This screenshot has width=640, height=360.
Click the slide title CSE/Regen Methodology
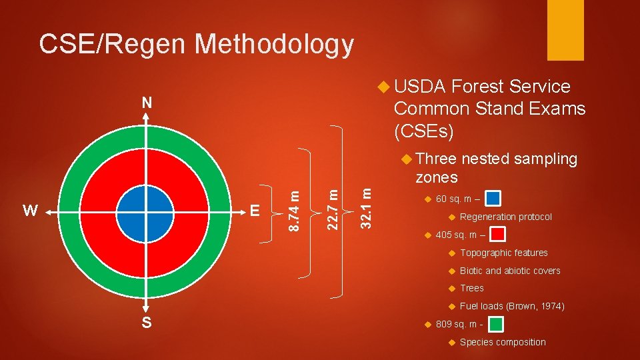[196, 44]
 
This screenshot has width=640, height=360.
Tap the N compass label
[147, 103]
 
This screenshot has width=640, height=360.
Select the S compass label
[147, 323]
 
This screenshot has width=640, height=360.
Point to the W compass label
[30, 211]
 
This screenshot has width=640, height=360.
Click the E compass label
[254, 211]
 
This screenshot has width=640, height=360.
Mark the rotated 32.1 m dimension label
[366, 207]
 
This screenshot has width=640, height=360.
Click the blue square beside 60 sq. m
[493, 199]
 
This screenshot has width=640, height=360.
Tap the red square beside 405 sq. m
[497, 234]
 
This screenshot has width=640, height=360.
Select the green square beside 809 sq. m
[495, 324]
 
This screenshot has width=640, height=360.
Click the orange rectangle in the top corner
[565, 30]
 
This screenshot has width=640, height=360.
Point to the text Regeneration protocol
[505, 217]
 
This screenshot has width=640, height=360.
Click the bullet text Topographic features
[503, 253]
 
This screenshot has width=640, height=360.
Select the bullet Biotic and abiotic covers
[510, 271]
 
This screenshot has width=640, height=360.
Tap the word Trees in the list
[471, 288]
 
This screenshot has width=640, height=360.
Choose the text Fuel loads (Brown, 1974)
[512, 306]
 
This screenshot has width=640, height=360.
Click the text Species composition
[502, 342]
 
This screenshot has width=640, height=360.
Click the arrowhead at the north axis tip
[147, 115]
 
